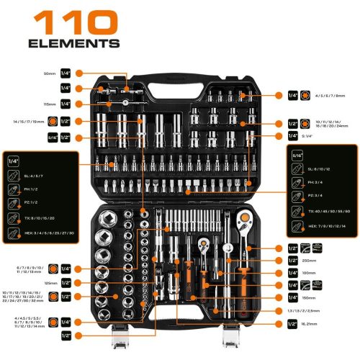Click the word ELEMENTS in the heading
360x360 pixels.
[x=74, y=43]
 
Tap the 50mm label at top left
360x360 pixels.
[x=50, y=73]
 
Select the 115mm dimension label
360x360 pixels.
[x=49, y=104]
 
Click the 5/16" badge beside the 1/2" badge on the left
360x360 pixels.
[x=48, y=137]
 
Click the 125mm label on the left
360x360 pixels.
[x=49, y=283]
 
